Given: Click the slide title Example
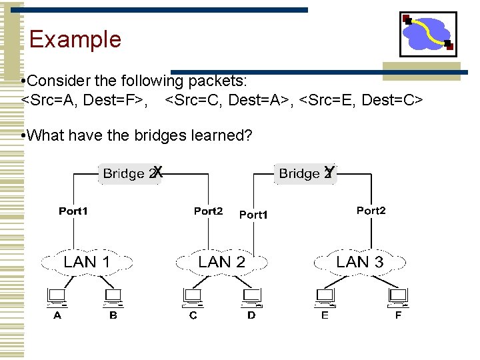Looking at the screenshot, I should coord(75,39).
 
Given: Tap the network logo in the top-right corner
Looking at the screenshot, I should coord(428,34).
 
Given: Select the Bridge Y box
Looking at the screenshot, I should coord(306,173).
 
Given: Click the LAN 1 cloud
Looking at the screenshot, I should coord(87,262).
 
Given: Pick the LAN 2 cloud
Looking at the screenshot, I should coord(221,262).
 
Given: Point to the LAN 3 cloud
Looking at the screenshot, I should coord(360,262).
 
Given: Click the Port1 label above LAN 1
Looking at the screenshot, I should coord(73,211).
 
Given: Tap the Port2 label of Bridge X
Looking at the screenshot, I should coord(208,211).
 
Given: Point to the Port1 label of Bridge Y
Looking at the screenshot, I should coord(253,215).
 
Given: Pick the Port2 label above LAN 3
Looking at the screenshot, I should coord(371,210).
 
